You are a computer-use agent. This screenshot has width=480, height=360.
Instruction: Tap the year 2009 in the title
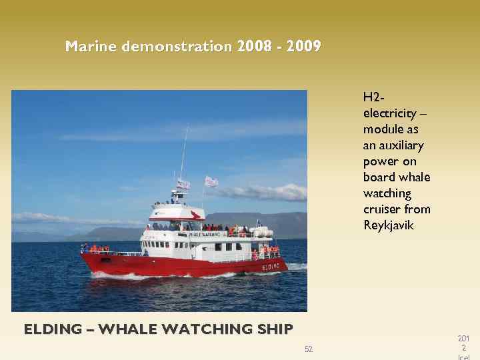pos(304,47)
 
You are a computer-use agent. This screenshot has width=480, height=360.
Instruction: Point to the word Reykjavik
pos(389,225)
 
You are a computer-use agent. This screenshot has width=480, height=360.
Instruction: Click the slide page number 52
pos(309,349)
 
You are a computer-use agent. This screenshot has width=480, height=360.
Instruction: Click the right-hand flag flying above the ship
pos(211,181)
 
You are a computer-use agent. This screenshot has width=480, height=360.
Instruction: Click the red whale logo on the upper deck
pos(195,215)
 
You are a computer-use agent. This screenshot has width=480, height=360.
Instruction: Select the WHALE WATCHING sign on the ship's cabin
pos(204,235)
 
